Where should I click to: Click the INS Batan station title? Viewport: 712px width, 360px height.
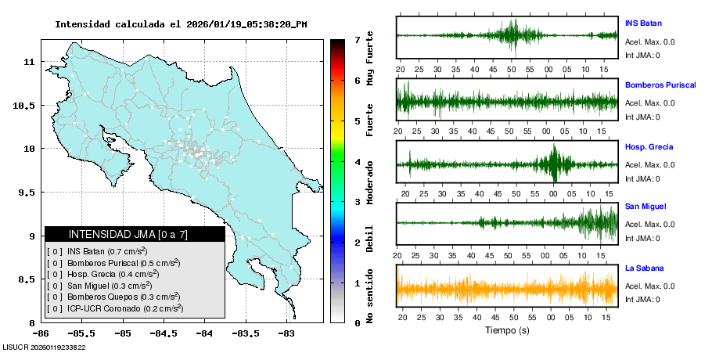[x=642, y=22]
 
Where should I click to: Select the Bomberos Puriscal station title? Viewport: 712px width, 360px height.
[x=660, y=85]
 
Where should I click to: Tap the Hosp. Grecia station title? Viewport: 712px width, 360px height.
[x=649, y=147]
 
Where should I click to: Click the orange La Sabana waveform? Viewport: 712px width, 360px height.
[x=507, y=287]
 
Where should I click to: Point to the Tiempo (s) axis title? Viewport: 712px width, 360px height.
[x=507, y=331]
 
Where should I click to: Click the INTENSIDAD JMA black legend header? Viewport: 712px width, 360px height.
[x=135, y=234]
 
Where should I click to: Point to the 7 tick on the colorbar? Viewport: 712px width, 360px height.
[x=356, y=39]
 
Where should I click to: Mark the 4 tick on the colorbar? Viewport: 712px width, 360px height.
[x=356, y=162]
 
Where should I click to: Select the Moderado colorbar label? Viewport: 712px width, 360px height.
[x=370, y=182]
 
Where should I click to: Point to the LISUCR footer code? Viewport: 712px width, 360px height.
[x=45, y=347]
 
